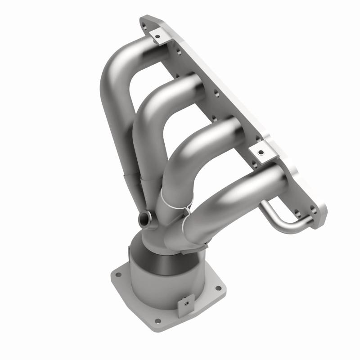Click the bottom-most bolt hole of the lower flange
tap(157, 321)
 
